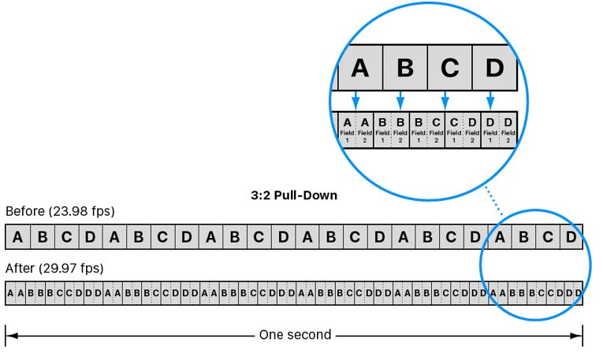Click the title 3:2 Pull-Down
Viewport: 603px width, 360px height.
click(294, 195)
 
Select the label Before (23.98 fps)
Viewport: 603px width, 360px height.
click(60, 211)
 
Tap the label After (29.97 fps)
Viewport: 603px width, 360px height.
click(54, 268)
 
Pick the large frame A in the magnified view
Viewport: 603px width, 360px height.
click(359, 69)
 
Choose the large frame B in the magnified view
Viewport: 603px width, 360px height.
click(405, 69)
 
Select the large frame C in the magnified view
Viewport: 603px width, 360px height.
click(449, 69)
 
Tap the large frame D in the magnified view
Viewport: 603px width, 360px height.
click(494, 69)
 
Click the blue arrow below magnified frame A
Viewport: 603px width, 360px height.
click(355, 99)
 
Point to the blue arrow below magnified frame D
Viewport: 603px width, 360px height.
click(490, 99)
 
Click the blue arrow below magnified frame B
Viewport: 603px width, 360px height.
click(400, 99)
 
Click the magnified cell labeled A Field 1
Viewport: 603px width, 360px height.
click(347, 129)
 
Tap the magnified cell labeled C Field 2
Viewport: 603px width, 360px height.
click(436, 129)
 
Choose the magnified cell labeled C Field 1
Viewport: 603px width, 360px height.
click(454, 129)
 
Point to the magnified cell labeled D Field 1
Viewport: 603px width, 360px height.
click(489, 129)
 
